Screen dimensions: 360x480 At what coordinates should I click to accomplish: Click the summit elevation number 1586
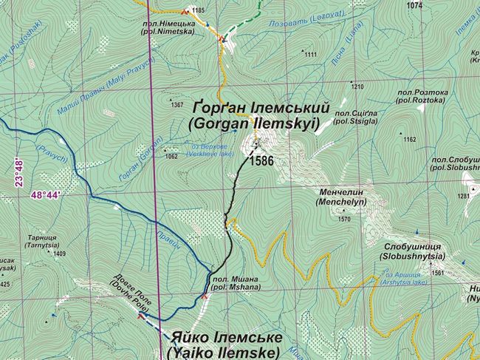(262, 160)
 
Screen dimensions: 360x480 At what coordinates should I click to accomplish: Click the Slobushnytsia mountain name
(413, 251)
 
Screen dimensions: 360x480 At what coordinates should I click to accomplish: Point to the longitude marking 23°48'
(18, 172)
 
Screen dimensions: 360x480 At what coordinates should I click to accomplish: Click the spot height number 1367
(177, 105)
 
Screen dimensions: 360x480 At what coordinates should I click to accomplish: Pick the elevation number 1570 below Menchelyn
(344, 219)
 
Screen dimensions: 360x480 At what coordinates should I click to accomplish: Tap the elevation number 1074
(414, 5)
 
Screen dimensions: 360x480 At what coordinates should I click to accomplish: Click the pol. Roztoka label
(419, 97)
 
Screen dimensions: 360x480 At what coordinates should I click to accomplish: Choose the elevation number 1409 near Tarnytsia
(60, 254)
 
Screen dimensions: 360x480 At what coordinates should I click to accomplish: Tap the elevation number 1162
(410, 139)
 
